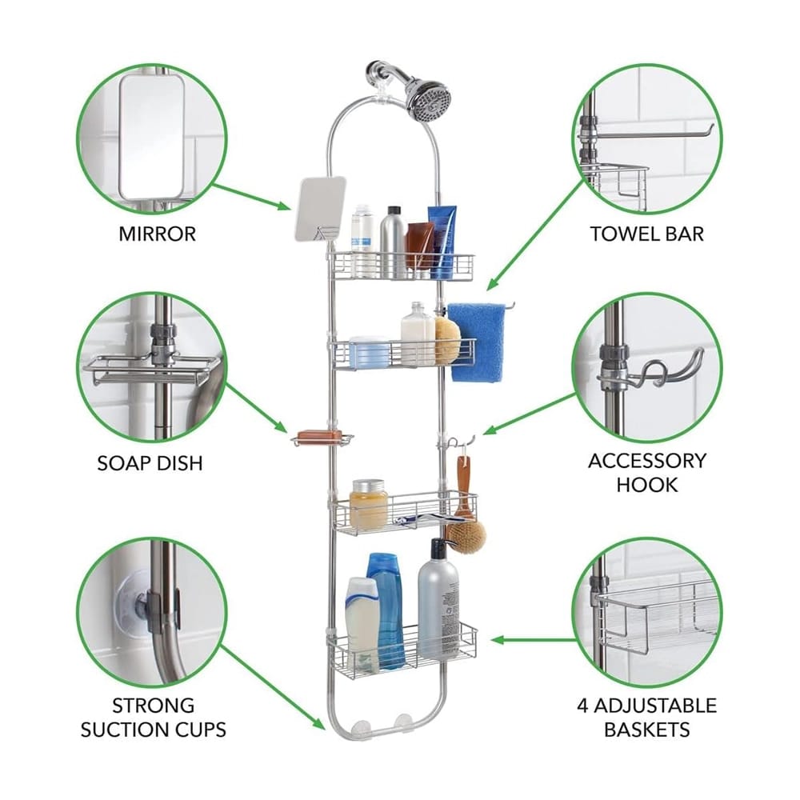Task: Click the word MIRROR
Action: [157, 234]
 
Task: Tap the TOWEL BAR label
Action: [646, 234]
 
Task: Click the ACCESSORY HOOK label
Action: [646, 472]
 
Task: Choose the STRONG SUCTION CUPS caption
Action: [153, 717]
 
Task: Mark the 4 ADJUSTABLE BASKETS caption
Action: [646, 717]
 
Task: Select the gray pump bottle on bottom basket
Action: [438, 600]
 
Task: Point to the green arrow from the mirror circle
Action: [253, 197]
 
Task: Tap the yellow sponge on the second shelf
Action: [447, 339]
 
